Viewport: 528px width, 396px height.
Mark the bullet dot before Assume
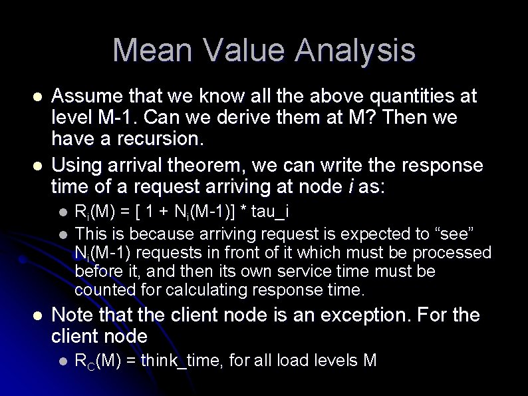(x=39, y=97)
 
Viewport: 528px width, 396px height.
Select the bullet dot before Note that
(x=39, y=315)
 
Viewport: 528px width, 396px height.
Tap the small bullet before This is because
(x=63, y=234)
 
